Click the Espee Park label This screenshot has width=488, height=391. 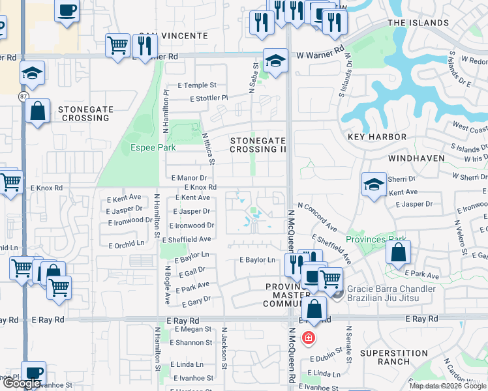point(153,147)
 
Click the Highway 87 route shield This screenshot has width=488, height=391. point(23,96)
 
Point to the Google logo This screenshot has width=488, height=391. point(22,384)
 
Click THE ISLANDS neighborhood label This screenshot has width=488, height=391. point(418,23)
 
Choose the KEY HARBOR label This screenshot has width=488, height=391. point(377,137)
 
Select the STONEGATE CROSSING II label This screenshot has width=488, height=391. point(258,145)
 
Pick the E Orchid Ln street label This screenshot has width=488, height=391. point(126,242)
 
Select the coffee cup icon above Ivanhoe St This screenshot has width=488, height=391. point(34,373)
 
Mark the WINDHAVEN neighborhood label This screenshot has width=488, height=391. point(416,158)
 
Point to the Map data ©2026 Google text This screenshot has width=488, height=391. point(448,386)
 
